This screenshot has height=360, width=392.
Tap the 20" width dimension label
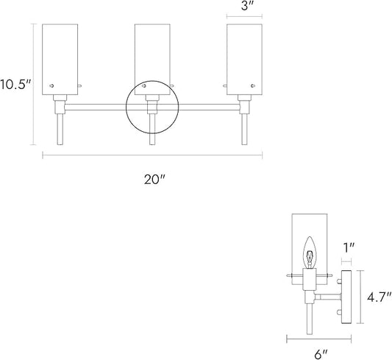point(154,180)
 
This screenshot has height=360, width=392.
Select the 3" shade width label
point(249,6)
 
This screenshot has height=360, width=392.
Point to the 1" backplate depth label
point(349,248)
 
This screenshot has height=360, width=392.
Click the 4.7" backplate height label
point(379,297)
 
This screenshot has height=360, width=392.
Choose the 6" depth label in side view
point(321,354)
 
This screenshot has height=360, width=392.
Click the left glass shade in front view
point(60,60)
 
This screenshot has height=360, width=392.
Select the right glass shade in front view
point(244,60)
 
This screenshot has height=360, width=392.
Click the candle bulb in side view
point(310,253)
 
